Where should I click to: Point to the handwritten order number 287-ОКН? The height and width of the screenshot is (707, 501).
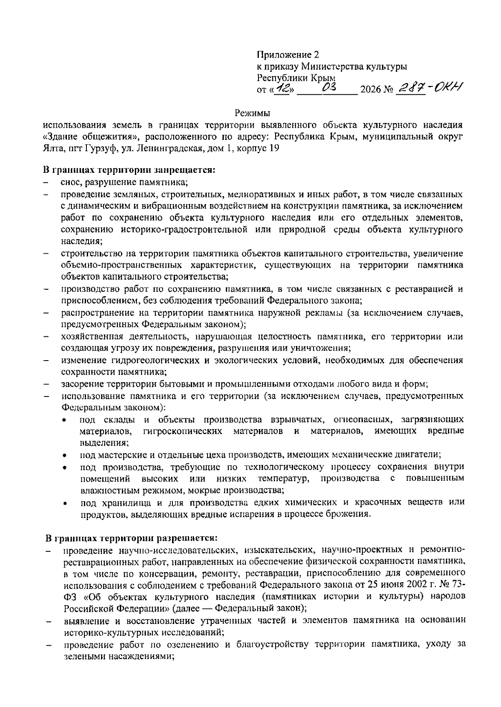(430, 87)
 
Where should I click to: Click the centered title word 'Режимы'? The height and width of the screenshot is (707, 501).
(252, 113)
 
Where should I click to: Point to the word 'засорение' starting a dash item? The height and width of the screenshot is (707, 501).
(78, 384)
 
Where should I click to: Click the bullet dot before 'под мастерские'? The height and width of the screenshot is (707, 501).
(65, 455)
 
